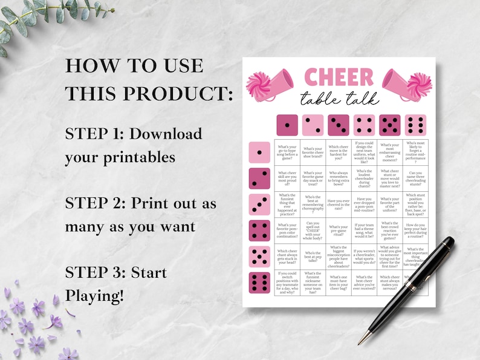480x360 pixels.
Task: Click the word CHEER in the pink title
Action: coord(339,77)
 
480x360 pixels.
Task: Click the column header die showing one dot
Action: coord(287,125)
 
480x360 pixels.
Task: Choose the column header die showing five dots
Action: coord(389,125)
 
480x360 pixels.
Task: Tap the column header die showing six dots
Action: coord(415,125)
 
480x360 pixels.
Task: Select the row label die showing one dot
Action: coord(259,152)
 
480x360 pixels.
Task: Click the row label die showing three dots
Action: coord(259,205)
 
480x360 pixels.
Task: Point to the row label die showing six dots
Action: coord(259,283)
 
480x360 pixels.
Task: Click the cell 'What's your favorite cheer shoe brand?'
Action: coord(313,152)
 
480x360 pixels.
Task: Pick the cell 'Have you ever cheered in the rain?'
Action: coord(339,205)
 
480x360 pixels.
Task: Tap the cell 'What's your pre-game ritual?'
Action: coord(339,231)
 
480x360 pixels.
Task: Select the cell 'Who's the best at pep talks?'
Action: coord(313,257)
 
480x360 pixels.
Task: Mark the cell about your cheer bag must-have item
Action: coord(339,283)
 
